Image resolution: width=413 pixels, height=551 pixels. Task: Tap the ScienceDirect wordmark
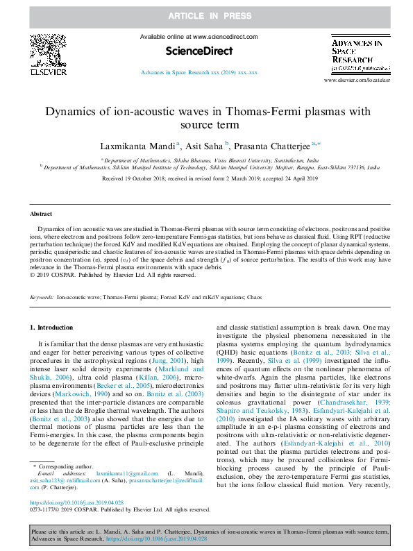(x=199, y=51)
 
